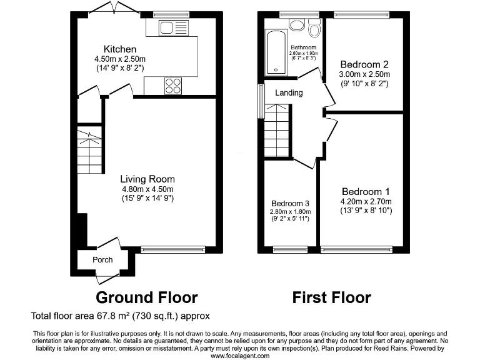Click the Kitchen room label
click(120, 49)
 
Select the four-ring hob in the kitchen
click(173, 86)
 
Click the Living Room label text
click(147, 179)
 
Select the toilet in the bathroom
click(314, 28)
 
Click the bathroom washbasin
click(297, 25)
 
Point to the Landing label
click(289, 93)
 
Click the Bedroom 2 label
click(364, 64)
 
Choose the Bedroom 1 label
click(366, 191)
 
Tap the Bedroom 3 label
click(290, 203)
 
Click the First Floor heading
click(331, 297)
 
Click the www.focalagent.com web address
click(240, 356)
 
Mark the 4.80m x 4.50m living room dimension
click(147, 189)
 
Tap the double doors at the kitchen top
click(113, 9)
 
